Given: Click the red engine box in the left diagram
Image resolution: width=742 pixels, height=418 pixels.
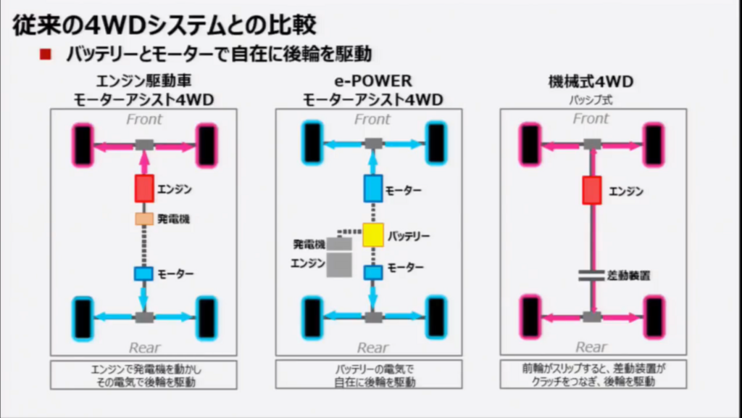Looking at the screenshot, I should (144, 189).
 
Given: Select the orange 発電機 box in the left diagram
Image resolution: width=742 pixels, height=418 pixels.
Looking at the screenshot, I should (144, 218).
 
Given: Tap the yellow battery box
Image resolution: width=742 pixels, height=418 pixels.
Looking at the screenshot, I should (373, 235).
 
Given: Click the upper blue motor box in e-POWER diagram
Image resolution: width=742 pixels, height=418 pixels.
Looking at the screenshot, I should (373, 189).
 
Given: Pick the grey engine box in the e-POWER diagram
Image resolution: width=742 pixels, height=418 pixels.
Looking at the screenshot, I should (339, 264).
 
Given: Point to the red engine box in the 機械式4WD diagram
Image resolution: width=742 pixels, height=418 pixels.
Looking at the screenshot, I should (592, 189).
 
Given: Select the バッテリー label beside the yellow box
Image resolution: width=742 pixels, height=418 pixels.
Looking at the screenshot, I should (409, 236).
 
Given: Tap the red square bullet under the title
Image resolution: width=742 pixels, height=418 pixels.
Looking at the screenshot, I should (46, 54).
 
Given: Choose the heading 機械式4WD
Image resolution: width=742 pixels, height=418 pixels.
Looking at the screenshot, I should (591, 81).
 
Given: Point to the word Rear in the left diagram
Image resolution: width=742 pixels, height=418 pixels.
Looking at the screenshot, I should (145, 347).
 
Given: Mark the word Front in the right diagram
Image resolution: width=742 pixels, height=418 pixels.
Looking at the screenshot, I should (591, 118).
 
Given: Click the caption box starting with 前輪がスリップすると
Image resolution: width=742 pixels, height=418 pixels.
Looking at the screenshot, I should (593, 374).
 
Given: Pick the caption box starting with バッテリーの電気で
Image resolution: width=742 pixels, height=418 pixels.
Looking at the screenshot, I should (368, 374).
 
